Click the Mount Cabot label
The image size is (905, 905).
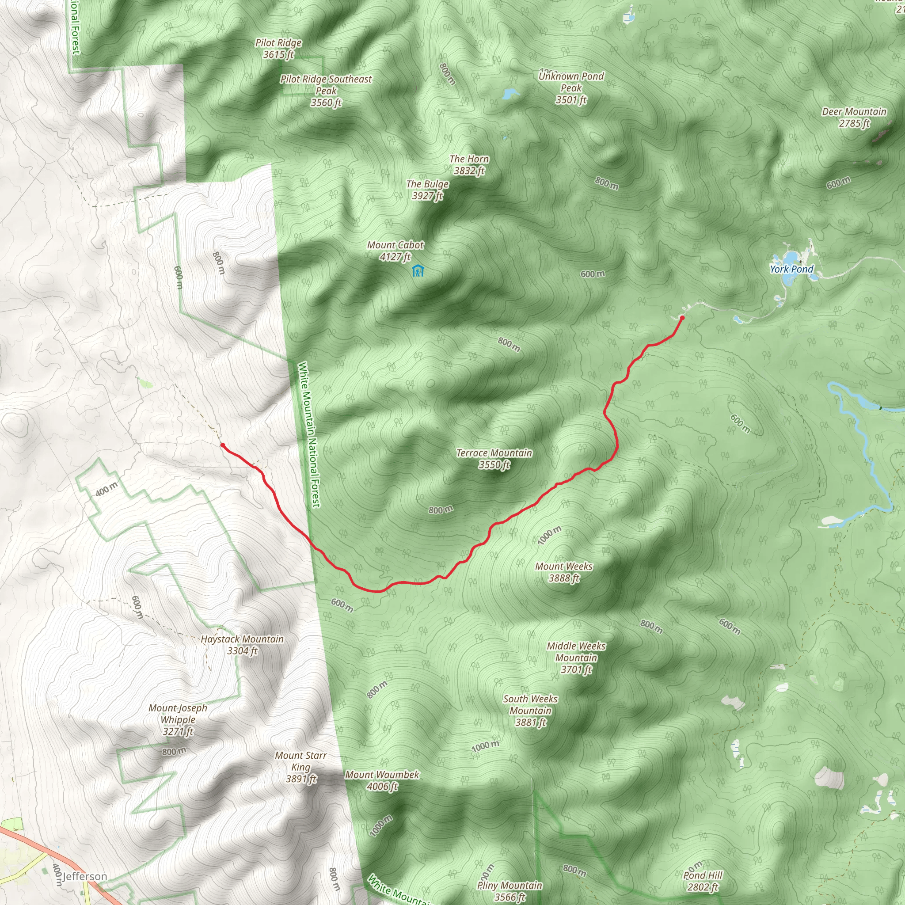click(395, 251)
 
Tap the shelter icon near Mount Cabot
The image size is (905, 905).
click(417, 271)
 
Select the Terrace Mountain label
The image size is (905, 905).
click(494, 459)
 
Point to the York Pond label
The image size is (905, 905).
click(791, 269)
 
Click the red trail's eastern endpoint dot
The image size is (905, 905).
click(682, 318)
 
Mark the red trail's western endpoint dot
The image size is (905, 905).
click(223, 445)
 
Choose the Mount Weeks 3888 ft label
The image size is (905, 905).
click(564, 572)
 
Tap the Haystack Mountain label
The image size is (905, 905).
click(242, 645)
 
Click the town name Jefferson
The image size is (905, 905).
click(85, 876)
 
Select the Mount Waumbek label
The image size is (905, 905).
click(382, 780)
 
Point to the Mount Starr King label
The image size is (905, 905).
click(301, 767)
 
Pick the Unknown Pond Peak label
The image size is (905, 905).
click(571, 87)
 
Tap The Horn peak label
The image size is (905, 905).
click(469, 164)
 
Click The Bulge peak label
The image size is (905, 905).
click(427, 190)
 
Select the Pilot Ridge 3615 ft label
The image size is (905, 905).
click(278, 48)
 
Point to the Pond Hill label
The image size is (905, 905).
click(703, 881)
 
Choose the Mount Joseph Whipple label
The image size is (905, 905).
click(178, 719)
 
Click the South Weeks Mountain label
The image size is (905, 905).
click(530, 711)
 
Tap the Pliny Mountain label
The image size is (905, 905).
click(510, 890)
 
